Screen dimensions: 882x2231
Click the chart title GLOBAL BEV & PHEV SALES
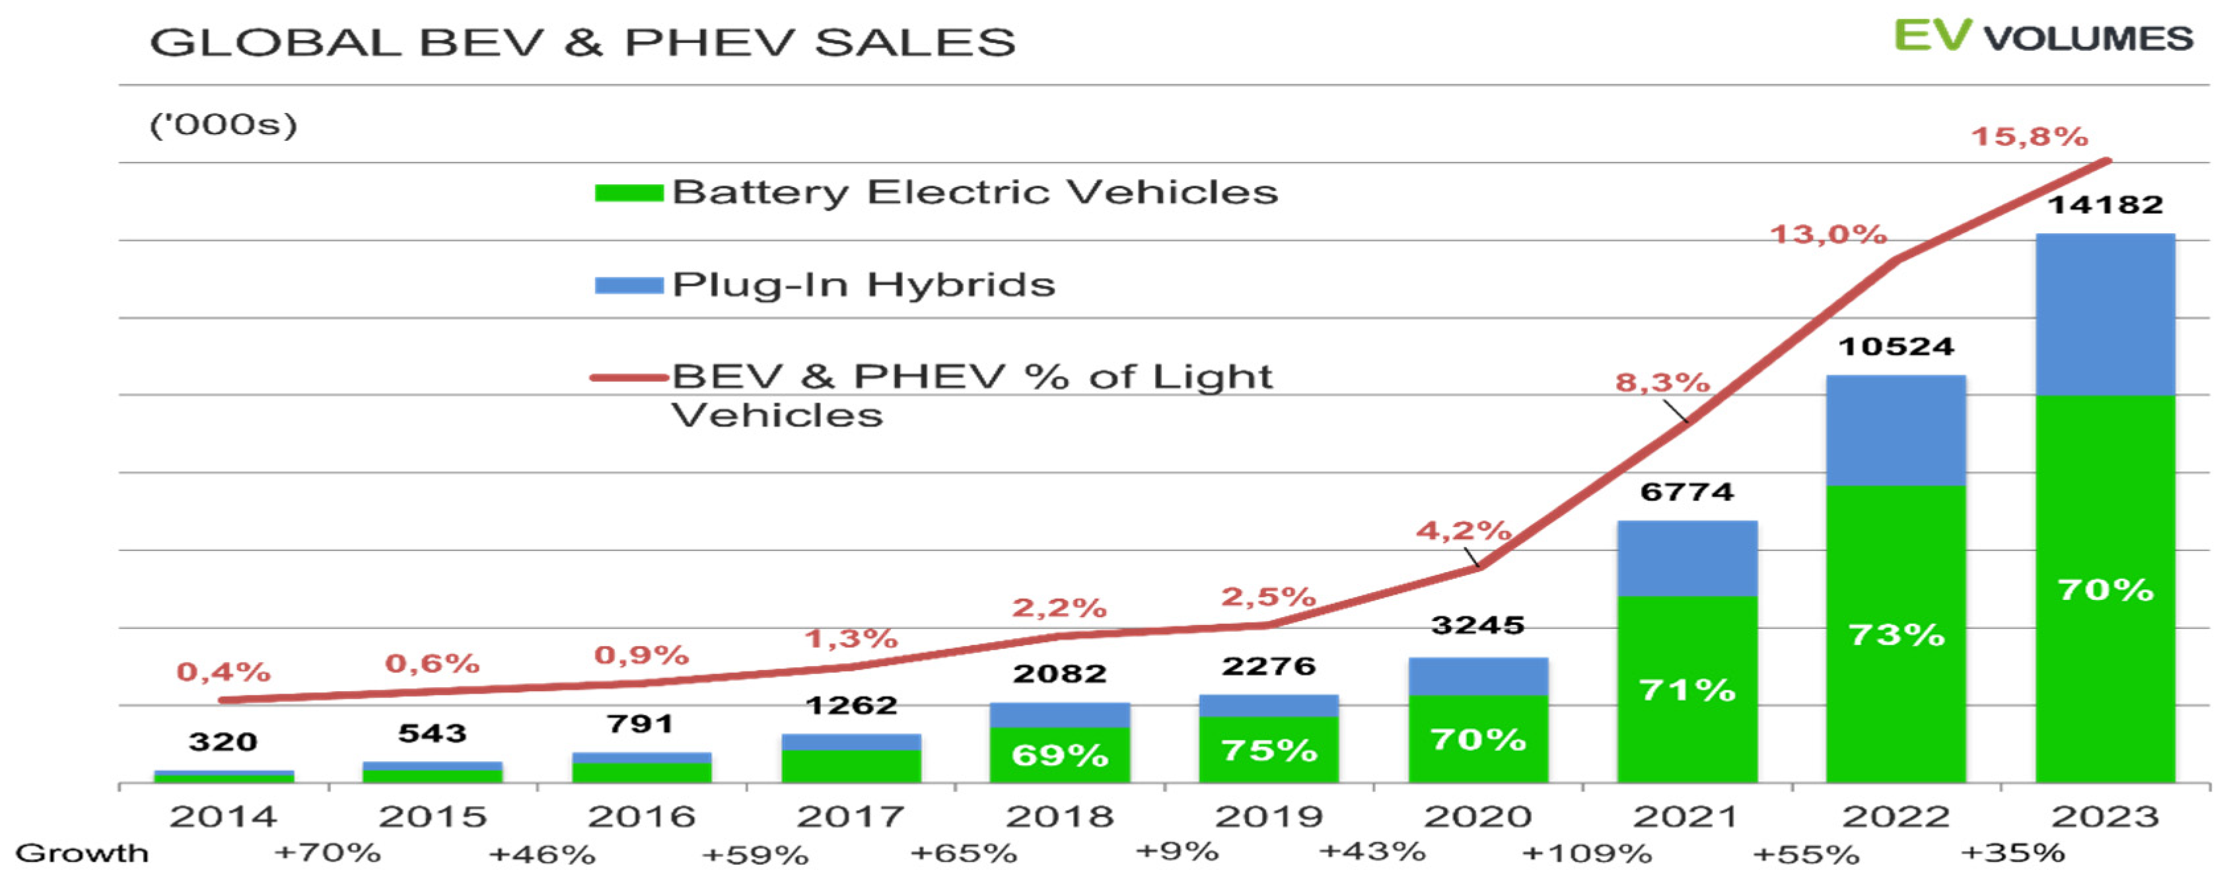pos(582,42)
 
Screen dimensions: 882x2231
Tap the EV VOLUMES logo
pos(2042,36)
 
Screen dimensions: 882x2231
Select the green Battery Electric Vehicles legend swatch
pos(629,192)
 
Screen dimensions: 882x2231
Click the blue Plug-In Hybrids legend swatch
pos(629,285)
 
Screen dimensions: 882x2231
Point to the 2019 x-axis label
pos(1269,816)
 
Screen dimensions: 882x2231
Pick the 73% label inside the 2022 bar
pos(1896,635)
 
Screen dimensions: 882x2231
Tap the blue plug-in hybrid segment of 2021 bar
pos(1687,559)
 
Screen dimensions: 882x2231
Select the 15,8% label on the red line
pos(2029,137)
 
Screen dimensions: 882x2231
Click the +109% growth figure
pos(1586,854)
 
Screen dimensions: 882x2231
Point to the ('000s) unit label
pos(223,125)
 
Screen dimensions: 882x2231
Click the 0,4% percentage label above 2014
pos(223,671)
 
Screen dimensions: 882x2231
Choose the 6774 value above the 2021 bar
pos(1686,492)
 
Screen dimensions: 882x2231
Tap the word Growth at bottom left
pos(83,854)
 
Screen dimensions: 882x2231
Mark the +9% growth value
pos(1177,851)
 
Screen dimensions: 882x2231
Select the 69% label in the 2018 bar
pos(1060,756)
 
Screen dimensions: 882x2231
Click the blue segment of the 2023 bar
pos(2105,314)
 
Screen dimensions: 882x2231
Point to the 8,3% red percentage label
pos(1662,382)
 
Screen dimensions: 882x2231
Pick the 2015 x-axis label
pos(432,816)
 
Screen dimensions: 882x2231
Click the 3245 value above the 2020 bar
pos(1477,625)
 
